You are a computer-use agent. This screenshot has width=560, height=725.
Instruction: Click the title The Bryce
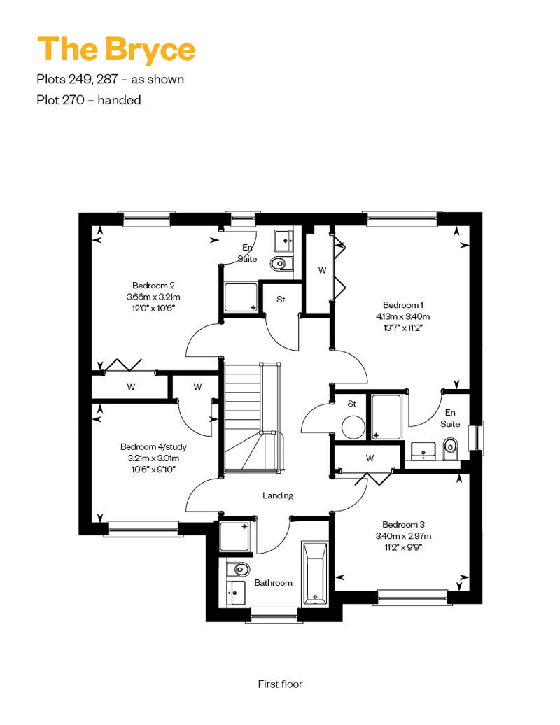116,50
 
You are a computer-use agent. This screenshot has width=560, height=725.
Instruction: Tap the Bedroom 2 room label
153,286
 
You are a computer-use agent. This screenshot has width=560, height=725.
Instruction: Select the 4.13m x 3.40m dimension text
402,317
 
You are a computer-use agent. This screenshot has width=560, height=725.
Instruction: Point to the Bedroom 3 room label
403,524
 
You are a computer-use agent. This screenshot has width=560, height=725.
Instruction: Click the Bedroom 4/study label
153,446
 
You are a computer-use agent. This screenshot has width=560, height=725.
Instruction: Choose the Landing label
278,495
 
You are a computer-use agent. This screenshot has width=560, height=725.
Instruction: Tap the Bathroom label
273,582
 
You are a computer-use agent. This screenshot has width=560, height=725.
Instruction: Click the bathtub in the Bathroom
316,574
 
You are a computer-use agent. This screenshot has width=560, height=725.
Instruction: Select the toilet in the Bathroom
239,569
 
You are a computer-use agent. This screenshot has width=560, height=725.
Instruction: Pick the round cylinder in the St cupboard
353,427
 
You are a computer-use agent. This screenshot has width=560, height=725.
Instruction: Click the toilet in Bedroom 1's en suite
450,449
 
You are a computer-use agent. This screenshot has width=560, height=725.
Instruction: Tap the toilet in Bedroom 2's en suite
280,264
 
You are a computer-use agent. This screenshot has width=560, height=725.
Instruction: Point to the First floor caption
280,684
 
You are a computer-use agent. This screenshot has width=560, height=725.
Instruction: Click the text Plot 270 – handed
89,100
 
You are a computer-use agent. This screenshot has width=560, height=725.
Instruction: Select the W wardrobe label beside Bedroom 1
322,270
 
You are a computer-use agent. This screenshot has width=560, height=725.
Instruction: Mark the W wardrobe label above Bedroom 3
370,458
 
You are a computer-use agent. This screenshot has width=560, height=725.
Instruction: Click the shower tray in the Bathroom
234,537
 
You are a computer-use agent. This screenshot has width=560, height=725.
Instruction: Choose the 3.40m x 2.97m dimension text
403,536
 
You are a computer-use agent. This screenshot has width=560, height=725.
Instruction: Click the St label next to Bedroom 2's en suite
281,299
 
